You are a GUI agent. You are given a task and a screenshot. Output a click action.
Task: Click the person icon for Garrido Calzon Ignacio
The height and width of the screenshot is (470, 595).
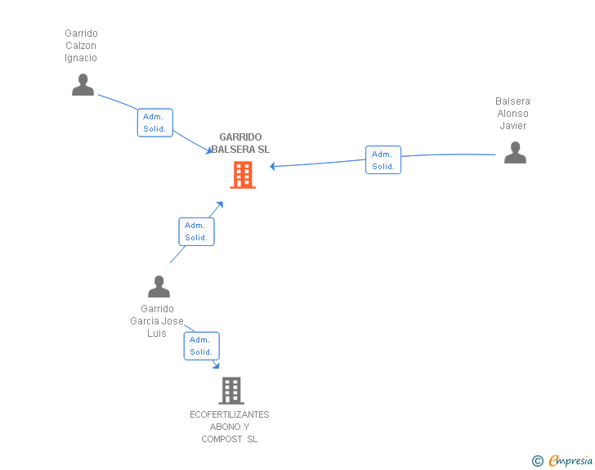tap(83, 85)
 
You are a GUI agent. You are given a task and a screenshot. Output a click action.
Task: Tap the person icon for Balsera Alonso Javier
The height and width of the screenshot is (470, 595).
tap(515, 153)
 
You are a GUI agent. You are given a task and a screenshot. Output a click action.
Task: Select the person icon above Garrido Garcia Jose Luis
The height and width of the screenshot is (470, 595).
tap(159, 287)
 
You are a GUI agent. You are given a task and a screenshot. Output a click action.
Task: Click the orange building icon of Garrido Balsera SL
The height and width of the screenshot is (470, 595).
tap(242, 174)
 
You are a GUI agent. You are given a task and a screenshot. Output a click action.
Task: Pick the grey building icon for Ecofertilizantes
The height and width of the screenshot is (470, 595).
tap(231, 391)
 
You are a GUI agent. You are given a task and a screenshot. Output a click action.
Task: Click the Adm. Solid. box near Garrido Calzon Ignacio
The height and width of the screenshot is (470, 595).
tap(154, 123)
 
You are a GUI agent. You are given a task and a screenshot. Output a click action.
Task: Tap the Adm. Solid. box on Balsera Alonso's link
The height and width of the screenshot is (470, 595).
tap(382, 160)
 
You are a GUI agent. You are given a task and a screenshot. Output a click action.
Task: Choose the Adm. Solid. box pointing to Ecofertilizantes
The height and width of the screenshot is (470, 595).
tap(201, 346)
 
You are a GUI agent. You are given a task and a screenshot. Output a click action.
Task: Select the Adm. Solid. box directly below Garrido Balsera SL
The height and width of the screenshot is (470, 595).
tap(196, 231)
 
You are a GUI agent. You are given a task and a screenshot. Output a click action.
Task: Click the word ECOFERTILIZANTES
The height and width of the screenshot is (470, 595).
tap(230, 414)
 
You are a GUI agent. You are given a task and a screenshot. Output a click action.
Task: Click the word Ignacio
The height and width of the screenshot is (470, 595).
tap(81, 58)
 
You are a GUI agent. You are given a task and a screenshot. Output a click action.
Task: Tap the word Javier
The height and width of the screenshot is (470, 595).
tap(513, 126)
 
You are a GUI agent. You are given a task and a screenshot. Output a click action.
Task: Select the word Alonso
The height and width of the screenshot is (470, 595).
tap(513, 114)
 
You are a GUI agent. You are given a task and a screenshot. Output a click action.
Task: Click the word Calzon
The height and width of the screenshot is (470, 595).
tap(81, 46)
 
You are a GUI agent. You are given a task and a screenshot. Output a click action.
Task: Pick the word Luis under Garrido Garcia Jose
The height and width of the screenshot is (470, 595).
tap(157, 333)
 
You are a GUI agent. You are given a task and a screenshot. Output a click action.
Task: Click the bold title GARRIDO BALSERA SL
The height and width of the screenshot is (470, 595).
tap(240, 143)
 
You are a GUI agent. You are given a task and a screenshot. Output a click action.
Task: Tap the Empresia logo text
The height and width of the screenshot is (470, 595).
tap(570, 460)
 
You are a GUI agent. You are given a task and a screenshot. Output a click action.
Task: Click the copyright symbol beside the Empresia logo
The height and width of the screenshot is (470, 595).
tap(538, 461)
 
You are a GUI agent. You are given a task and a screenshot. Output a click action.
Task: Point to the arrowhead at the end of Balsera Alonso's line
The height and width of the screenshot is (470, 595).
tap(273, 167)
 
